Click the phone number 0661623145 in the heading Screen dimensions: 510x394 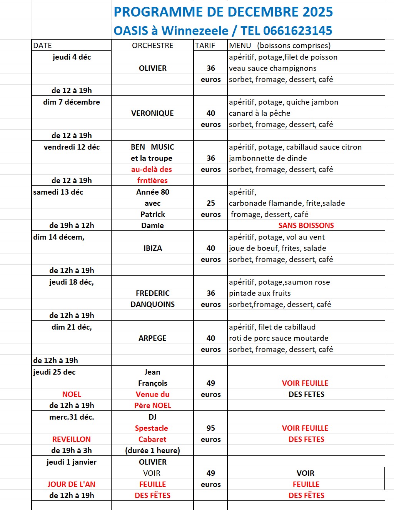click(x=297, y=31)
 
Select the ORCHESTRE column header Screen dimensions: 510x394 click(x=152, y=45)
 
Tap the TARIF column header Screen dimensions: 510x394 click(x=205, y=45)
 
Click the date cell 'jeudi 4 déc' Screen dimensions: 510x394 click(x=72, y=57)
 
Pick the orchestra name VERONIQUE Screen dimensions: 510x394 click(x=152, y=113)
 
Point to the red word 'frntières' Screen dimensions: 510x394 click(x=152, y=180)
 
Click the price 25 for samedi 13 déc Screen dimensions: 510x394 click(x=211, y=203)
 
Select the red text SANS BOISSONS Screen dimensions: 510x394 click(x=306, y=225)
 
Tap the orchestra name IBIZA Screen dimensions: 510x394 click(x=153, y=248)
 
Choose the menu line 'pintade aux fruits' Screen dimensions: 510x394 click(x=260, y=293)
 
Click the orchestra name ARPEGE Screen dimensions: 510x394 click(x=152, y=338)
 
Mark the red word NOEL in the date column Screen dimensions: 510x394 click(x=72, y=394)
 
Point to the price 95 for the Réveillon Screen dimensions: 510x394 click(x=211, y=428)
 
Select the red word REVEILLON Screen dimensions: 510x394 click(x=72, y=439)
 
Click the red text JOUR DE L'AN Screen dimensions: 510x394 click(x=72, y=484)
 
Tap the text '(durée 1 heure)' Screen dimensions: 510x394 click(x=152, y=450)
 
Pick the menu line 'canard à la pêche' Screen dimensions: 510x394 click(x=260, y=113)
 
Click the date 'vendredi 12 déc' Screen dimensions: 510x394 click(x=72, y=147)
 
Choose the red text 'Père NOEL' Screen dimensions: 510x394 click(x=153, y=405)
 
